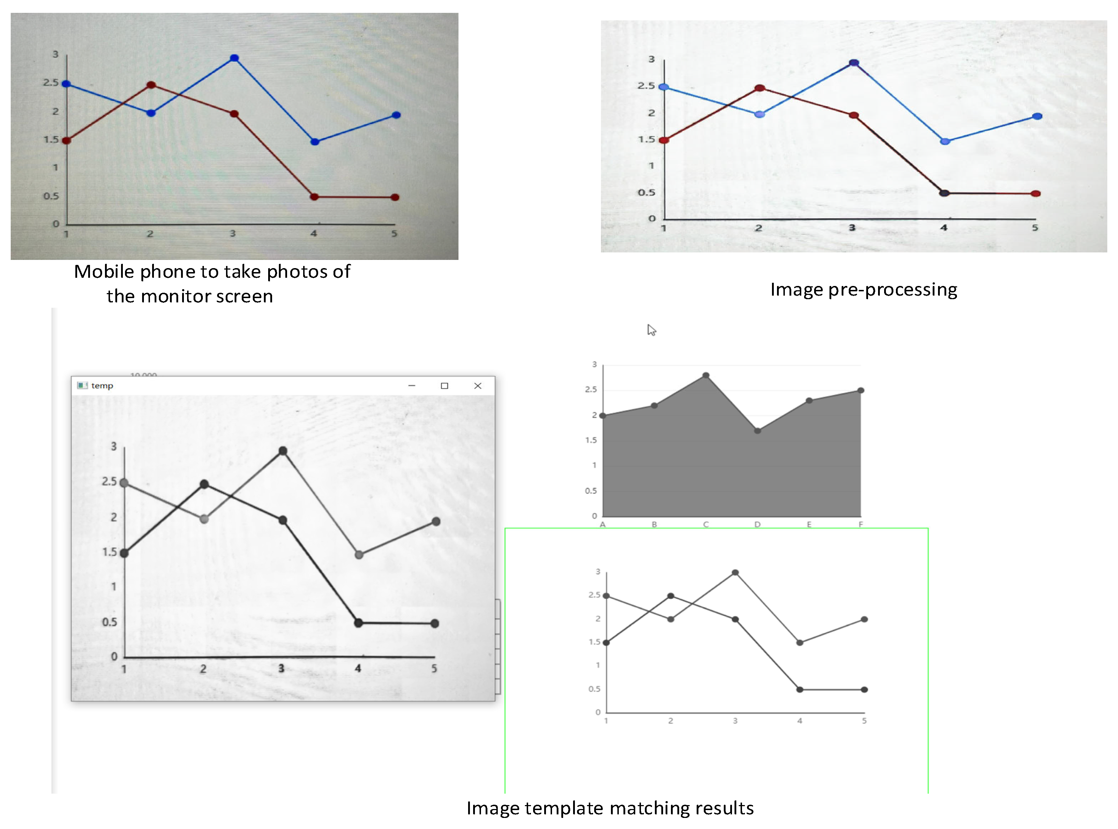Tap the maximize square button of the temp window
click(x=444, y=385)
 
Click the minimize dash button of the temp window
click(x=411, y=385)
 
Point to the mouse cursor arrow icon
click(x=651, y=330)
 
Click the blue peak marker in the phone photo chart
click(x=234, y=58)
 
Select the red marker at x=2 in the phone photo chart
click(x=151, y=85)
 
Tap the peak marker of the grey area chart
click(x=706, y=375)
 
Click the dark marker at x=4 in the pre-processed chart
click(x=944, y=193)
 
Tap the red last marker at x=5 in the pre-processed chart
click(x=1035, y=194)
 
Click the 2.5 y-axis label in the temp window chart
click(x=109, y=481)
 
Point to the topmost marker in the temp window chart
click(x=282, y=451)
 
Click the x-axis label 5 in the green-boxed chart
click(x=864, y=720)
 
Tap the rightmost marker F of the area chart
click(x=860, y=391)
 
